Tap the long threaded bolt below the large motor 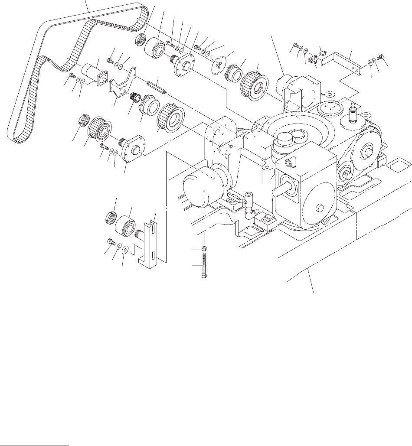pos(204,267)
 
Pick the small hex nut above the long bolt pos(204,249)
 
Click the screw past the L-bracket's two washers pos(382,56)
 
